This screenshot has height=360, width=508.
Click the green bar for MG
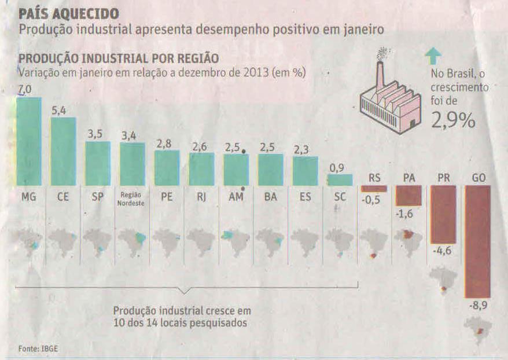(x=28, y=141)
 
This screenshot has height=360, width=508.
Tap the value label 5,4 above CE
(x=58, y=110)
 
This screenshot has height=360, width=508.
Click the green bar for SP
(x=98, y=163)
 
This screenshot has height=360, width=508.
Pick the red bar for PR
(x=443, y=214)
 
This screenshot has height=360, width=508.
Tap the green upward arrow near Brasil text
(x=432, y=56)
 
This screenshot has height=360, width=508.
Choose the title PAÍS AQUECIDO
(x=69, y=13)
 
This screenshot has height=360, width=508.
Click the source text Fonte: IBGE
(x=38, y=348)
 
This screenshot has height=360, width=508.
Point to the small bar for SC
(x=340, y=179)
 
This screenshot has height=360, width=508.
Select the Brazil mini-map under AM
(x=235, y=242)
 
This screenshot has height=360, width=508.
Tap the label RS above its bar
(x=374, y=178)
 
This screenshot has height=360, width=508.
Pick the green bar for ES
(x=305, y=171)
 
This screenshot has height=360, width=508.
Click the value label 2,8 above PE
(x=166, y=144)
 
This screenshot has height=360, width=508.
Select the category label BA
(x=270, y=197)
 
